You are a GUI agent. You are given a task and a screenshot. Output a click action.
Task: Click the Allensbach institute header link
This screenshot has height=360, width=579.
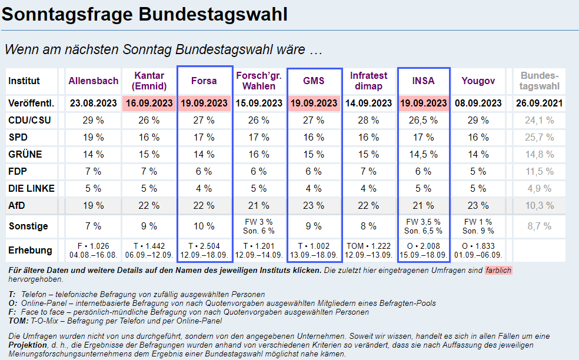click(94, 81)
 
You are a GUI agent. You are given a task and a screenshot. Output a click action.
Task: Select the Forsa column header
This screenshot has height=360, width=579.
click(204, 81)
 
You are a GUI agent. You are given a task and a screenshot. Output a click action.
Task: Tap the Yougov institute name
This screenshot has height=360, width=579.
click(478, 81)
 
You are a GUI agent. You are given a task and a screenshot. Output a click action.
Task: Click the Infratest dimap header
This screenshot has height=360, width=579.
click(369, 81)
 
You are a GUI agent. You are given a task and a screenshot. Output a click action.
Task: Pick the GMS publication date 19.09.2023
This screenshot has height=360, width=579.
click(314, 103)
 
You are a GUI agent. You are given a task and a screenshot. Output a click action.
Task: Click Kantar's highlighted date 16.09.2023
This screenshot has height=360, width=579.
click(149, 103)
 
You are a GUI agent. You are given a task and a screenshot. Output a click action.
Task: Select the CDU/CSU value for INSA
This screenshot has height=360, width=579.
click(424, 121)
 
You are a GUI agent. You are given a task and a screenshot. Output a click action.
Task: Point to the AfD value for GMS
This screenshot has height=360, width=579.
click(314, 206)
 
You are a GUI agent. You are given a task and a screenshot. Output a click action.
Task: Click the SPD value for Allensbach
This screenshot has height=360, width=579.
click(94, 138)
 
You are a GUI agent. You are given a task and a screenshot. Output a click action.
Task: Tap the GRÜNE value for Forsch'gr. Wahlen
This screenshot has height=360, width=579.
click(259, 155)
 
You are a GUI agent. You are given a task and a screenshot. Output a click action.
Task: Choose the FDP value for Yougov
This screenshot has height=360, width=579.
click(478, 172)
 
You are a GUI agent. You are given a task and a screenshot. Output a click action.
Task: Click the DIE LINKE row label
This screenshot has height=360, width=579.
click(31, 189)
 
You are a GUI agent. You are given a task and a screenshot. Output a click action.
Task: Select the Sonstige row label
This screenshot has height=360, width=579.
click(28, 226)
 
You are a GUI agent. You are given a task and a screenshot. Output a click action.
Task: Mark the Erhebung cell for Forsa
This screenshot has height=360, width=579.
click(204, 250)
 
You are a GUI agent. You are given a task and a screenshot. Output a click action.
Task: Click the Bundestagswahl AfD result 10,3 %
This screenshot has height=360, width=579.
click(540, 206)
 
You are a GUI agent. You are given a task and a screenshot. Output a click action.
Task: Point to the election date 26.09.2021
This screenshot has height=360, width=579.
click(540, 103)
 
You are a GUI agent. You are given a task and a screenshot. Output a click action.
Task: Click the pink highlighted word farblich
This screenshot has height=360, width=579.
click(498, 270)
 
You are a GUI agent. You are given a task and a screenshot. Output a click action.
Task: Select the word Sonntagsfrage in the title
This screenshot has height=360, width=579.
click(68, 14)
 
